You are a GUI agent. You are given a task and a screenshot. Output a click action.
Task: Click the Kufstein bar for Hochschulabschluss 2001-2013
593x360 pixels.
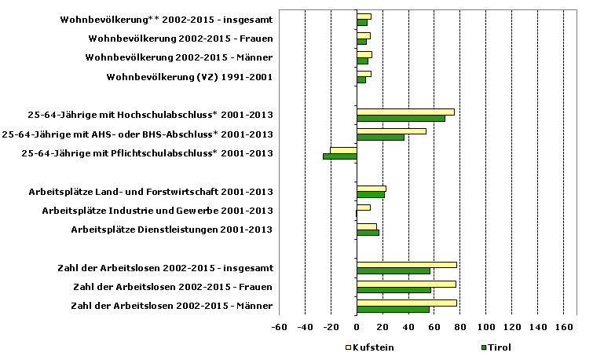[405, 112]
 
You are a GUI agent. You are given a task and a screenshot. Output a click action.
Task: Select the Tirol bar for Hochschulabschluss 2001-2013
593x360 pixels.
[401, 119]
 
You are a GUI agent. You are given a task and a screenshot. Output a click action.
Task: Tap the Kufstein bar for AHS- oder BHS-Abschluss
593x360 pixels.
[391, 131]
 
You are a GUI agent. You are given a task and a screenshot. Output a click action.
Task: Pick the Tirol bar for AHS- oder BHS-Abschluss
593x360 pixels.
[380, 138]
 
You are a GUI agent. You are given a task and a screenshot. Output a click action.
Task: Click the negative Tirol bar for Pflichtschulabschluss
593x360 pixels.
[340, 156]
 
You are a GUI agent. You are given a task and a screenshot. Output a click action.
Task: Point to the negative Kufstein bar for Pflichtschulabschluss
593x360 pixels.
[343, 150]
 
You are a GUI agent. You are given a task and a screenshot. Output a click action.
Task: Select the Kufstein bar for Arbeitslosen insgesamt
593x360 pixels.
[406, 264]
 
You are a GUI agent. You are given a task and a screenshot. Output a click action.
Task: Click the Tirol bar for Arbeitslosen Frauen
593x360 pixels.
[394, 290]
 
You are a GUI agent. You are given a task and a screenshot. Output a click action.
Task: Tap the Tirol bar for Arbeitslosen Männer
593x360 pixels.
[393, 309]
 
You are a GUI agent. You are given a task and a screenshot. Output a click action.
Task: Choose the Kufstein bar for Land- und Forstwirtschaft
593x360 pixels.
[371, 188]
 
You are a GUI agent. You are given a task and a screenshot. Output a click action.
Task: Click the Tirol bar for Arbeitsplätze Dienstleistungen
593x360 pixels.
[368, 233]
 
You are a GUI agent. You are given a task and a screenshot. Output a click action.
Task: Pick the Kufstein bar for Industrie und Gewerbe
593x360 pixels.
[363, 208]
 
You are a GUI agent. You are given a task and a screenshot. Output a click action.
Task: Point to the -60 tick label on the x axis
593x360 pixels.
[279, 327]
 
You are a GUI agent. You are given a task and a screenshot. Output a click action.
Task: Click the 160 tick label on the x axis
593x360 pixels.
[563, 327]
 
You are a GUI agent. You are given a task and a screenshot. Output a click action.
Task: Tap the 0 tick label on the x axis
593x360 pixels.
[357, 327]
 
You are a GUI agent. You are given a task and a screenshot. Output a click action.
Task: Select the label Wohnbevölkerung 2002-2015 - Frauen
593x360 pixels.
[180, 39]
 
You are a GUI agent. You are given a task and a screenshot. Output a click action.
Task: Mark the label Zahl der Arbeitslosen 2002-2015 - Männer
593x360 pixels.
[171, 306]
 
